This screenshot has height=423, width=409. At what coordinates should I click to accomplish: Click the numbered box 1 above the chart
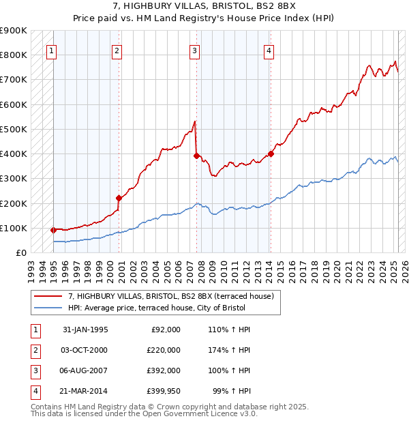click(x=52, y=50)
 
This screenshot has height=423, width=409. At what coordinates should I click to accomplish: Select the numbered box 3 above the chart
click(x=194, y=50)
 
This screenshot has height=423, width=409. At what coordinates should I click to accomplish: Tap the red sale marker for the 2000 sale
click(x=119, y=198)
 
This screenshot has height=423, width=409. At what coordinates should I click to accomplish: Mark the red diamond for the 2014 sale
click(x=271, y=154)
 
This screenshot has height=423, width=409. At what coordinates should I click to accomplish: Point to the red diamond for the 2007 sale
click(x=196, y=156)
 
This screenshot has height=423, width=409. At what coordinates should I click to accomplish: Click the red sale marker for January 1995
click(x=53, y=230)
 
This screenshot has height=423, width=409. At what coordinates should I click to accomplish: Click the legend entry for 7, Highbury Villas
click(x=170, y=296)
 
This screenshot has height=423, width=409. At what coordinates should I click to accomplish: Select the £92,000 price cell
click(x=164, y=330)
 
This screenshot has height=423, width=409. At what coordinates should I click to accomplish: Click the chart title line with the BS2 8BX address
click(x=204, y=8)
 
